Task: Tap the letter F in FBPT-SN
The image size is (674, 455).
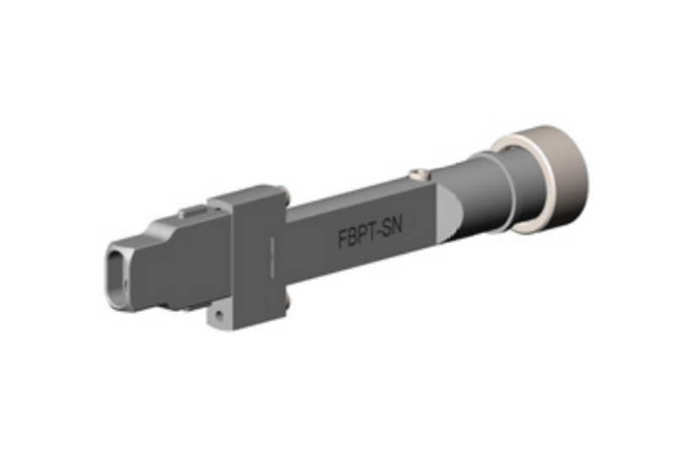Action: (343, 239)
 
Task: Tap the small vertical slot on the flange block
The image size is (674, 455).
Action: (270, 254)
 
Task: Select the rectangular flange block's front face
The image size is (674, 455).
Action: (249, 257)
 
